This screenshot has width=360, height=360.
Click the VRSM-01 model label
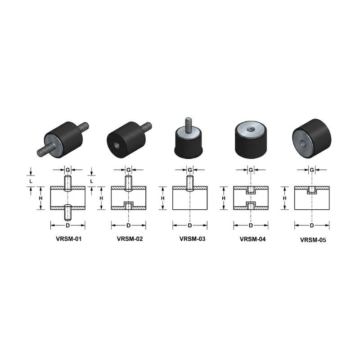[x=69, y=239]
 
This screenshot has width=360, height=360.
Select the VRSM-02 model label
[x=130, y=239]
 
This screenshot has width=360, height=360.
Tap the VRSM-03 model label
[x=193, y=239]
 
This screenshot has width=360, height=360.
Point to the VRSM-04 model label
[x=252, y=239]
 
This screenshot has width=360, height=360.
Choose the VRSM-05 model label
[x=313, y=240]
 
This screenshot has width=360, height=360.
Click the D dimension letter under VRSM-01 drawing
[x=68, y=225]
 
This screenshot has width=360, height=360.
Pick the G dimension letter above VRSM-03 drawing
[x=190, y=170]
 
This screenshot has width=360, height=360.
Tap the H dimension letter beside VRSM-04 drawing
[x=224, y=198]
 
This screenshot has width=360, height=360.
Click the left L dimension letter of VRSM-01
[x=31, y=181]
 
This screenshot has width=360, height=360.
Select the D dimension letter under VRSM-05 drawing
[x=312, y=225]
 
